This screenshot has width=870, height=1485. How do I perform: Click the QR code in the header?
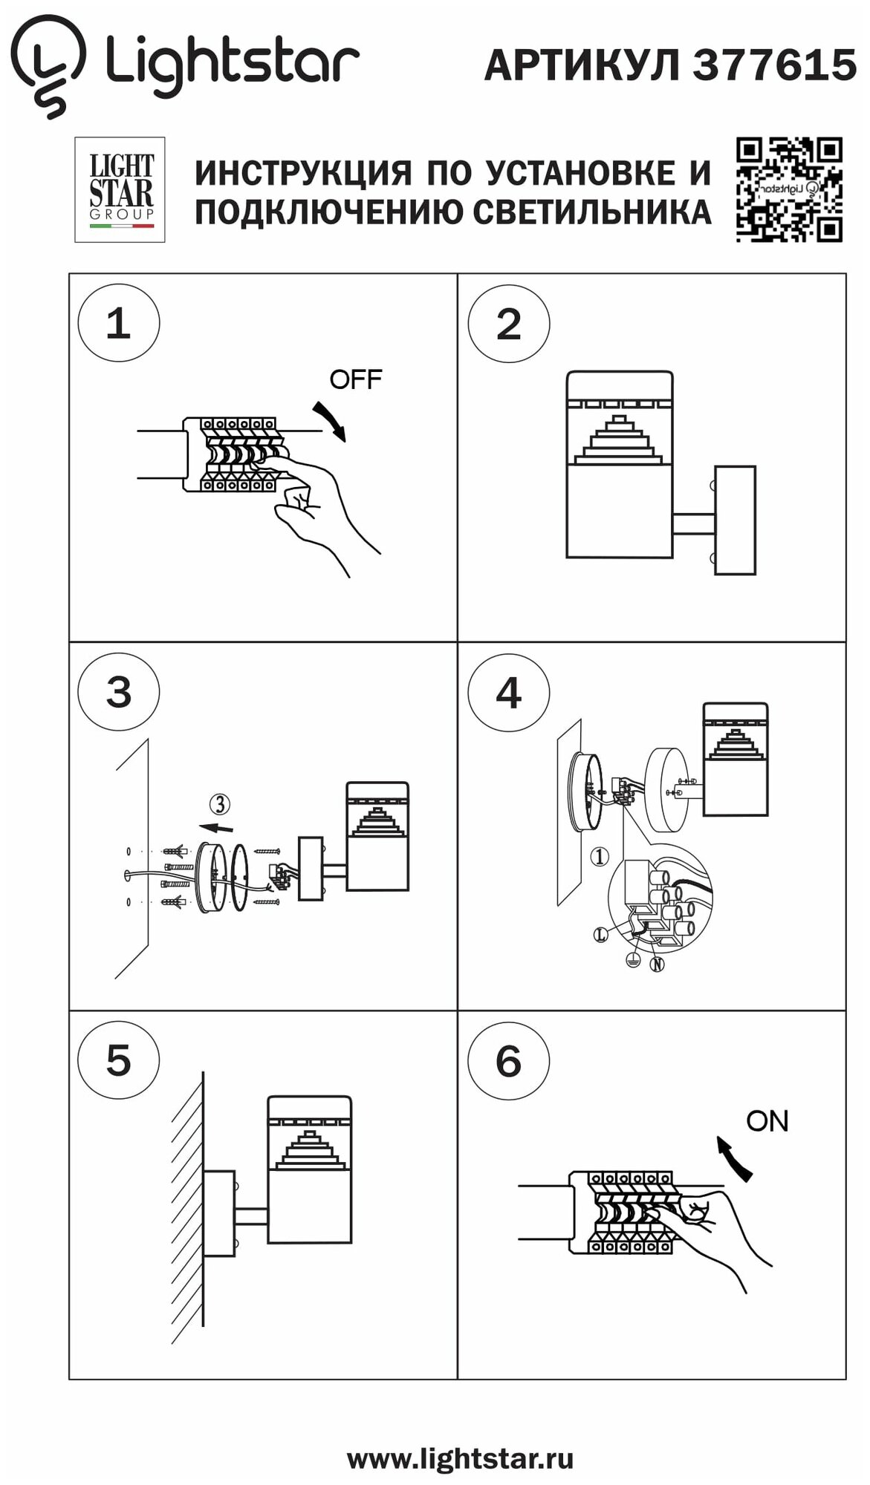click(789, 190)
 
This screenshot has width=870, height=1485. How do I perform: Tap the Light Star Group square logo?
click(120, 190)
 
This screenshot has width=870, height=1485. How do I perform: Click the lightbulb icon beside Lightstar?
click(48, 65)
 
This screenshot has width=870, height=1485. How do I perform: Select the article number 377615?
click(774, 65)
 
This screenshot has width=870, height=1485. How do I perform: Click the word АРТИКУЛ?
click(582, 65)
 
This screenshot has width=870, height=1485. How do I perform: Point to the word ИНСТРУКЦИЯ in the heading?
click(302, 173)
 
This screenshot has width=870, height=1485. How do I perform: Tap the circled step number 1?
click(119, 324)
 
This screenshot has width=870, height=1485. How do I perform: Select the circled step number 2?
click(509, 324)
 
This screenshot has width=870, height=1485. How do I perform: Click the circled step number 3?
click(119, 692)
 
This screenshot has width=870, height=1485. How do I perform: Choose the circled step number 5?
click(119, 1060)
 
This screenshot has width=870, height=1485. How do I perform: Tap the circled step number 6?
click(509, 1061)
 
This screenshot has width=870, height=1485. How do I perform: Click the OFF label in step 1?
click(355, 379)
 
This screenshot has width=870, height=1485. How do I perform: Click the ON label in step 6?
click(767, 1121)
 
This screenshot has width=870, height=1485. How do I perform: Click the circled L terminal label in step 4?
click(601, 936)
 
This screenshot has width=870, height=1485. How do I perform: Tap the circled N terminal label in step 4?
click(657, 965)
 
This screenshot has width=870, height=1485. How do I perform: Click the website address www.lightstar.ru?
click(460, 1459)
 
